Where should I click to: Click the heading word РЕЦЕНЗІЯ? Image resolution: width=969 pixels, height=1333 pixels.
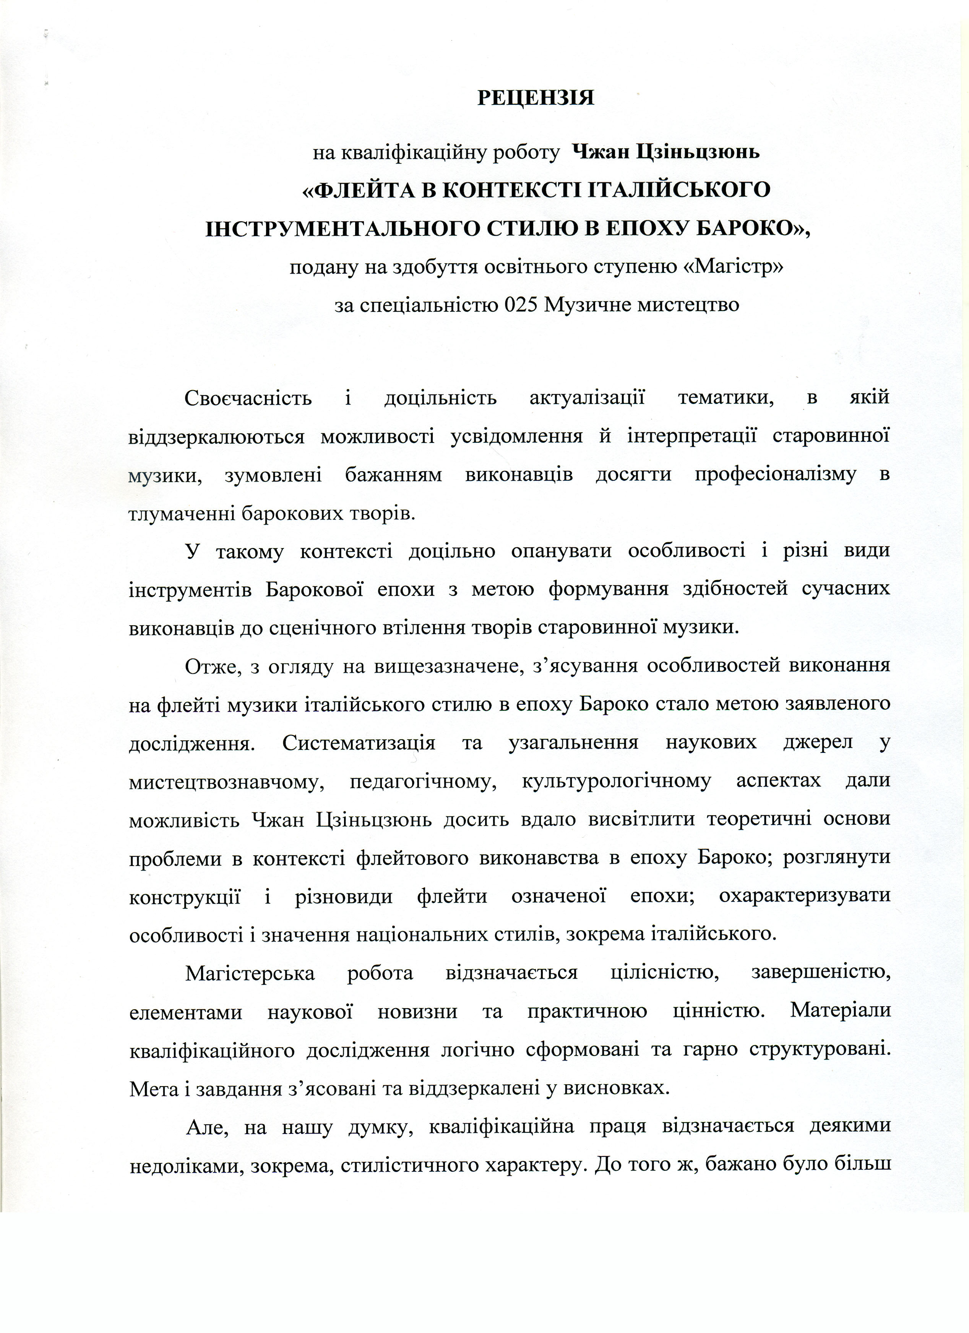535,97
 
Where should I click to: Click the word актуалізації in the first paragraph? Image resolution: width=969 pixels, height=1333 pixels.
587,398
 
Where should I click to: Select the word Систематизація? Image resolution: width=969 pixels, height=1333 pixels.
358,742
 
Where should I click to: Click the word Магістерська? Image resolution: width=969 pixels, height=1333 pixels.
250,973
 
